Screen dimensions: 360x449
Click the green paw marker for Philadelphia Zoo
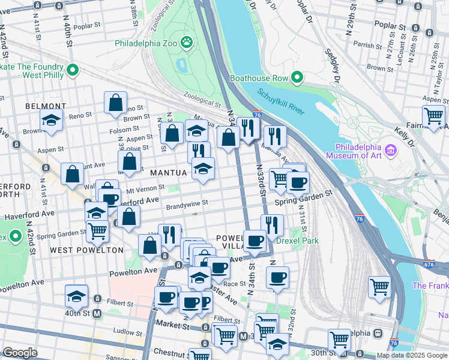pos(187,42)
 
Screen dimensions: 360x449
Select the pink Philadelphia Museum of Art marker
pos(391,149)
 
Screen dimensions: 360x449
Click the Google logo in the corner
pos(19,353)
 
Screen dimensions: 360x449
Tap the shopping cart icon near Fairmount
pos(433,116)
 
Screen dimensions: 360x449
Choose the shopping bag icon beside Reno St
pos(115,102)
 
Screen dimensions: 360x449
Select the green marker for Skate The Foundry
pos(73,71)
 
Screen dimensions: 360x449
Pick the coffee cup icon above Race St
pos(277,277)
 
